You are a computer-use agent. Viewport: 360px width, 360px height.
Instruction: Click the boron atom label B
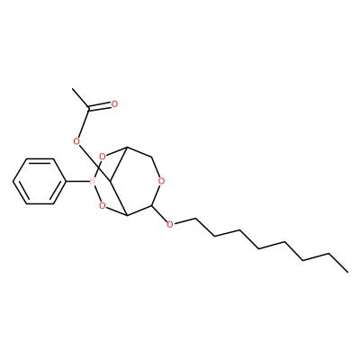click(92, 181)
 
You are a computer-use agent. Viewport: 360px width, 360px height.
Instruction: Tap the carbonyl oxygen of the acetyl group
click(114, 103)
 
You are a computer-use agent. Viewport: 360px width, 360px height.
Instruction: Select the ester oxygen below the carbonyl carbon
click(77, 141)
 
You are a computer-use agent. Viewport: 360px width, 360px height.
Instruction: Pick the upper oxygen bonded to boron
click(103, 157)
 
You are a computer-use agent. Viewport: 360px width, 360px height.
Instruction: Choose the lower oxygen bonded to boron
click(103, 206)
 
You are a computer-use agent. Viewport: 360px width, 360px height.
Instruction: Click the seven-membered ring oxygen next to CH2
click(161, 181)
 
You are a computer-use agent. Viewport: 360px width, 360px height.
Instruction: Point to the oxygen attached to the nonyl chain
click(170, 224)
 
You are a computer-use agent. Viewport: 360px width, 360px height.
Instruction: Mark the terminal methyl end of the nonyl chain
click(348, 272)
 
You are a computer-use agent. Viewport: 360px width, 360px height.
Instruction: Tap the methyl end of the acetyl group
click(73, 89)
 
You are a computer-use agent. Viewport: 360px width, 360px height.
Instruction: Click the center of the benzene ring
click(40, 181)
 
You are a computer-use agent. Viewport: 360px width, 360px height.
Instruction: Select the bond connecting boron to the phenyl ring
click(77, 181)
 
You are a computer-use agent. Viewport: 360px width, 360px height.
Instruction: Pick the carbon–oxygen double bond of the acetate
click(100, 106)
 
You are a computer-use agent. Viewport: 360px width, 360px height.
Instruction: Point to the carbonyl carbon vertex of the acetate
click(88, 109)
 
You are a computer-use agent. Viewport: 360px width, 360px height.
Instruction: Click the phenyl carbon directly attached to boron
click(66, 181)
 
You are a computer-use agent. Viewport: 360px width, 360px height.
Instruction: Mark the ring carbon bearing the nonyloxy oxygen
click(152, 206)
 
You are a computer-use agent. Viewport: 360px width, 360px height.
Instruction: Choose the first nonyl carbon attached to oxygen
click(195, 219)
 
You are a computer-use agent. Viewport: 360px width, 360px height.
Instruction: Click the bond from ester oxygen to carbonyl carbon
click(84, 123)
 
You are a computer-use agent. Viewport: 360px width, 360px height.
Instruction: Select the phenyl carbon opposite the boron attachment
click(13, 181)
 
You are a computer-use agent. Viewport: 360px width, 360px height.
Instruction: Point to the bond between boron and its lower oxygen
click(96, 193)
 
